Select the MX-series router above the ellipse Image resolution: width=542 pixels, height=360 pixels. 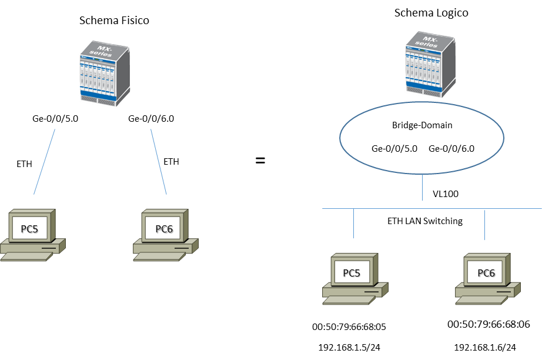click(x=430, y=64)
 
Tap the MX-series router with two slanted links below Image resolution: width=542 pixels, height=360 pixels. click(x=104, y=73)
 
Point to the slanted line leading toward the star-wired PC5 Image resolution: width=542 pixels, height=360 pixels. click(x=45, y=161)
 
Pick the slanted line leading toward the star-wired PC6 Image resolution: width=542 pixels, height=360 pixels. click(x=159, y=162)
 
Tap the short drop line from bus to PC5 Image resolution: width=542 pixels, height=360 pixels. click(x=353, y=224)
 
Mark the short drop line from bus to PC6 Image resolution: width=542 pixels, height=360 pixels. click(x=484, y=224)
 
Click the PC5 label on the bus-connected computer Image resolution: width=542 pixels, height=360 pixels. click(x=352, y=273)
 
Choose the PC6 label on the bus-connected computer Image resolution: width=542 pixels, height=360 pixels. click(x=486, y=273)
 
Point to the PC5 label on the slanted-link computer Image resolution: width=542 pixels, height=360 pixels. click(x=29, y=229)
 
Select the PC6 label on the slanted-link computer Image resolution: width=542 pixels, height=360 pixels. click(x=164, y=229)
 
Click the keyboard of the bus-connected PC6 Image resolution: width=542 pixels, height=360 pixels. click(x=481, y=299)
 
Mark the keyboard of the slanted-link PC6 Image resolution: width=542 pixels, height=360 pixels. click(x=158, y=256)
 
